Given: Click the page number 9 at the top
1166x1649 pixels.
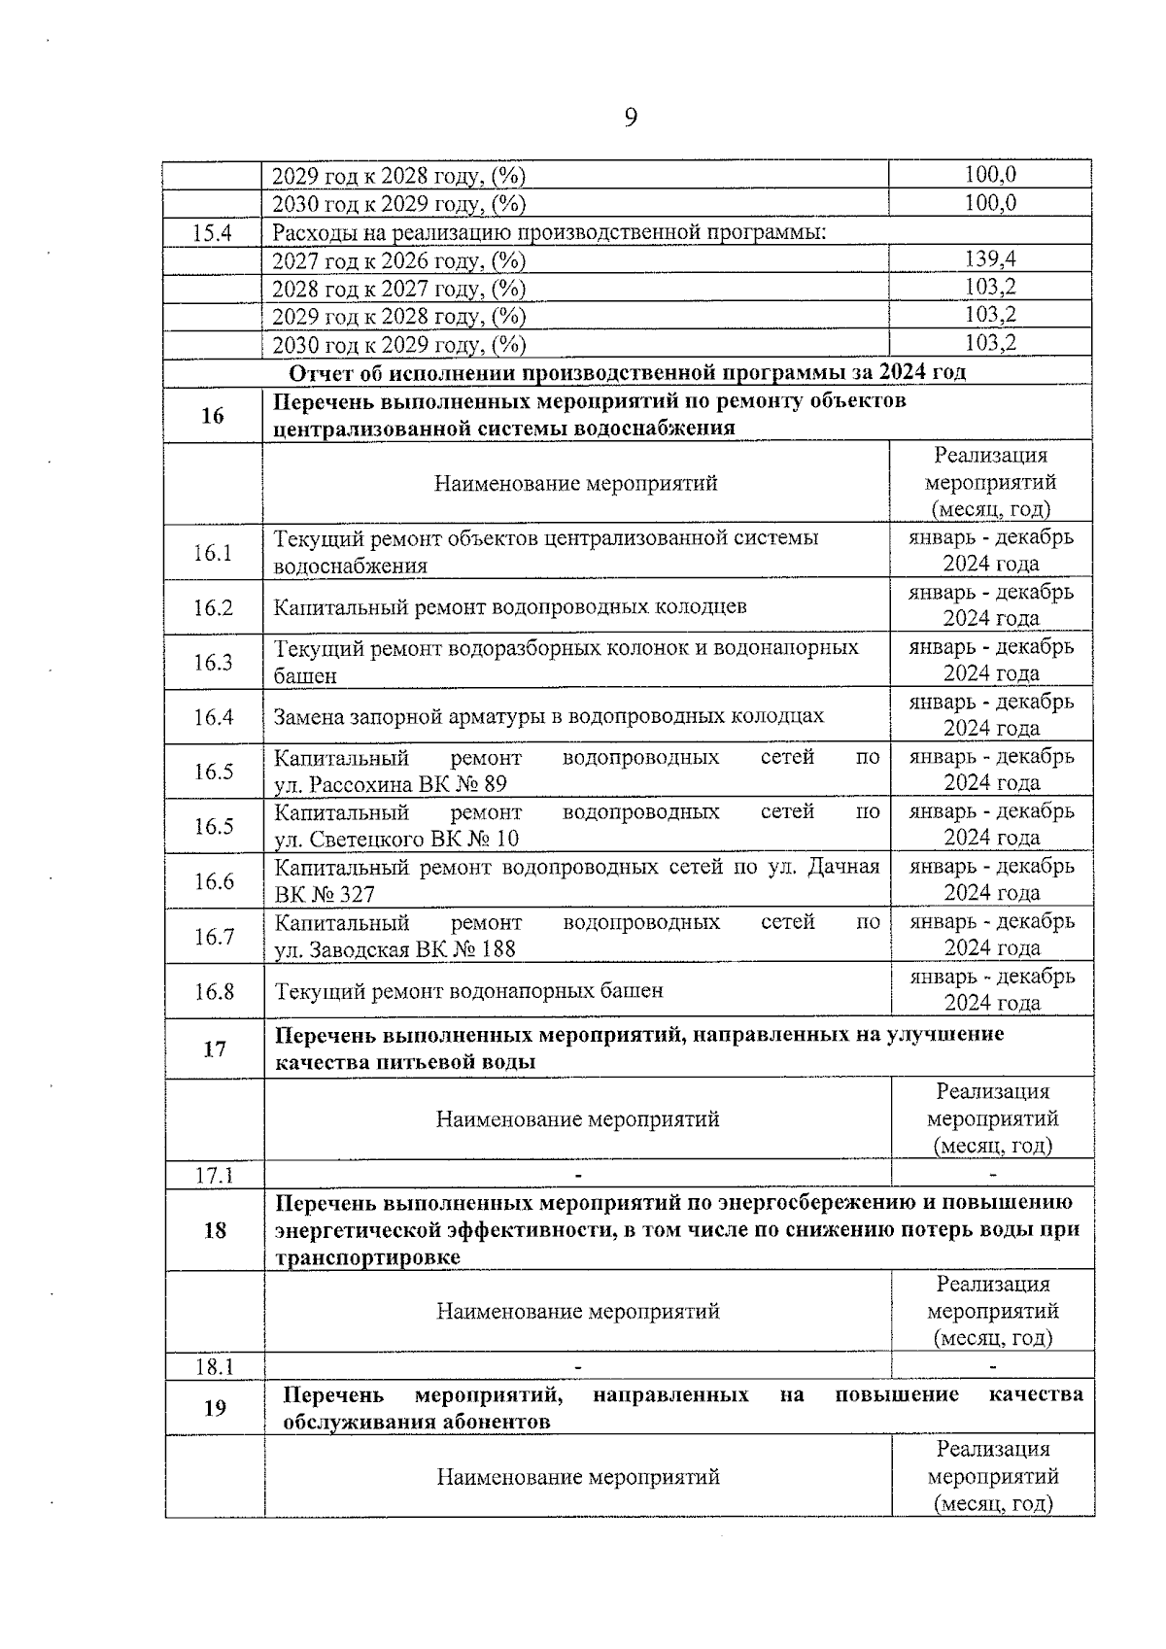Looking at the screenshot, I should pyautogui.click(x=630, y=119).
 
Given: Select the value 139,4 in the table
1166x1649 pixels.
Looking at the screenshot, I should pyautogui.click(x=990, y=258).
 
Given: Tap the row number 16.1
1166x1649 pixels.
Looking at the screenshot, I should pyautogui.click(x=213, y=553).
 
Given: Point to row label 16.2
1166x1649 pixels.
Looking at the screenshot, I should pyautogui.click(x=213, y=607).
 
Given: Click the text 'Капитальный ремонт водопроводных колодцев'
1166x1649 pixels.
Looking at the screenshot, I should pyautogui.click(x=510, y=607).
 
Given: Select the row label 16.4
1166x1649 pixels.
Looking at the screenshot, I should pyautogui.click(x=213, y=717).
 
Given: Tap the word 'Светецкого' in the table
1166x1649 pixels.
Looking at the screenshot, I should pyautogui.click(x=366, y=839).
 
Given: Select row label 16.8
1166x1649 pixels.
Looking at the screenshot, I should pyautogui.click(x=214, y=991).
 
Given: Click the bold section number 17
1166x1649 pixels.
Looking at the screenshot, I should pyautogui.click(x=214, y=1048).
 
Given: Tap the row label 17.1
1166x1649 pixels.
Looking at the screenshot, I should pyautogui.click(x=214, y=1175).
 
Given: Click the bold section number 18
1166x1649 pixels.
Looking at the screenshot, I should pyautogui.click(x=215, y=1230).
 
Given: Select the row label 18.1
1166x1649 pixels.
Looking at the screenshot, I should pyautogui.click(x=215, y=1366).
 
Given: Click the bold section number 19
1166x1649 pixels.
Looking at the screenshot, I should pyautogui.click(x=215, y=1408).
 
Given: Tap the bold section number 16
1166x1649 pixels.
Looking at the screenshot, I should pyautogui.click(x=212, y=416).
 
